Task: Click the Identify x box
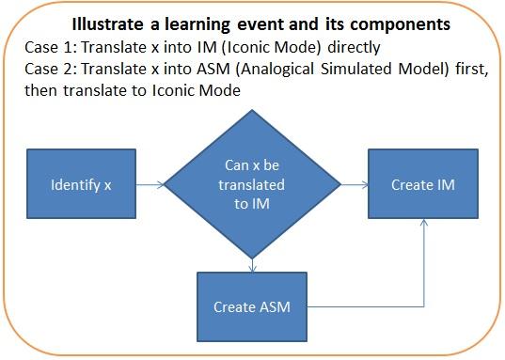(80, 185)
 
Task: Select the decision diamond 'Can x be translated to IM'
(252, 185)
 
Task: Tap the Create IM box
(422, 185)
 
